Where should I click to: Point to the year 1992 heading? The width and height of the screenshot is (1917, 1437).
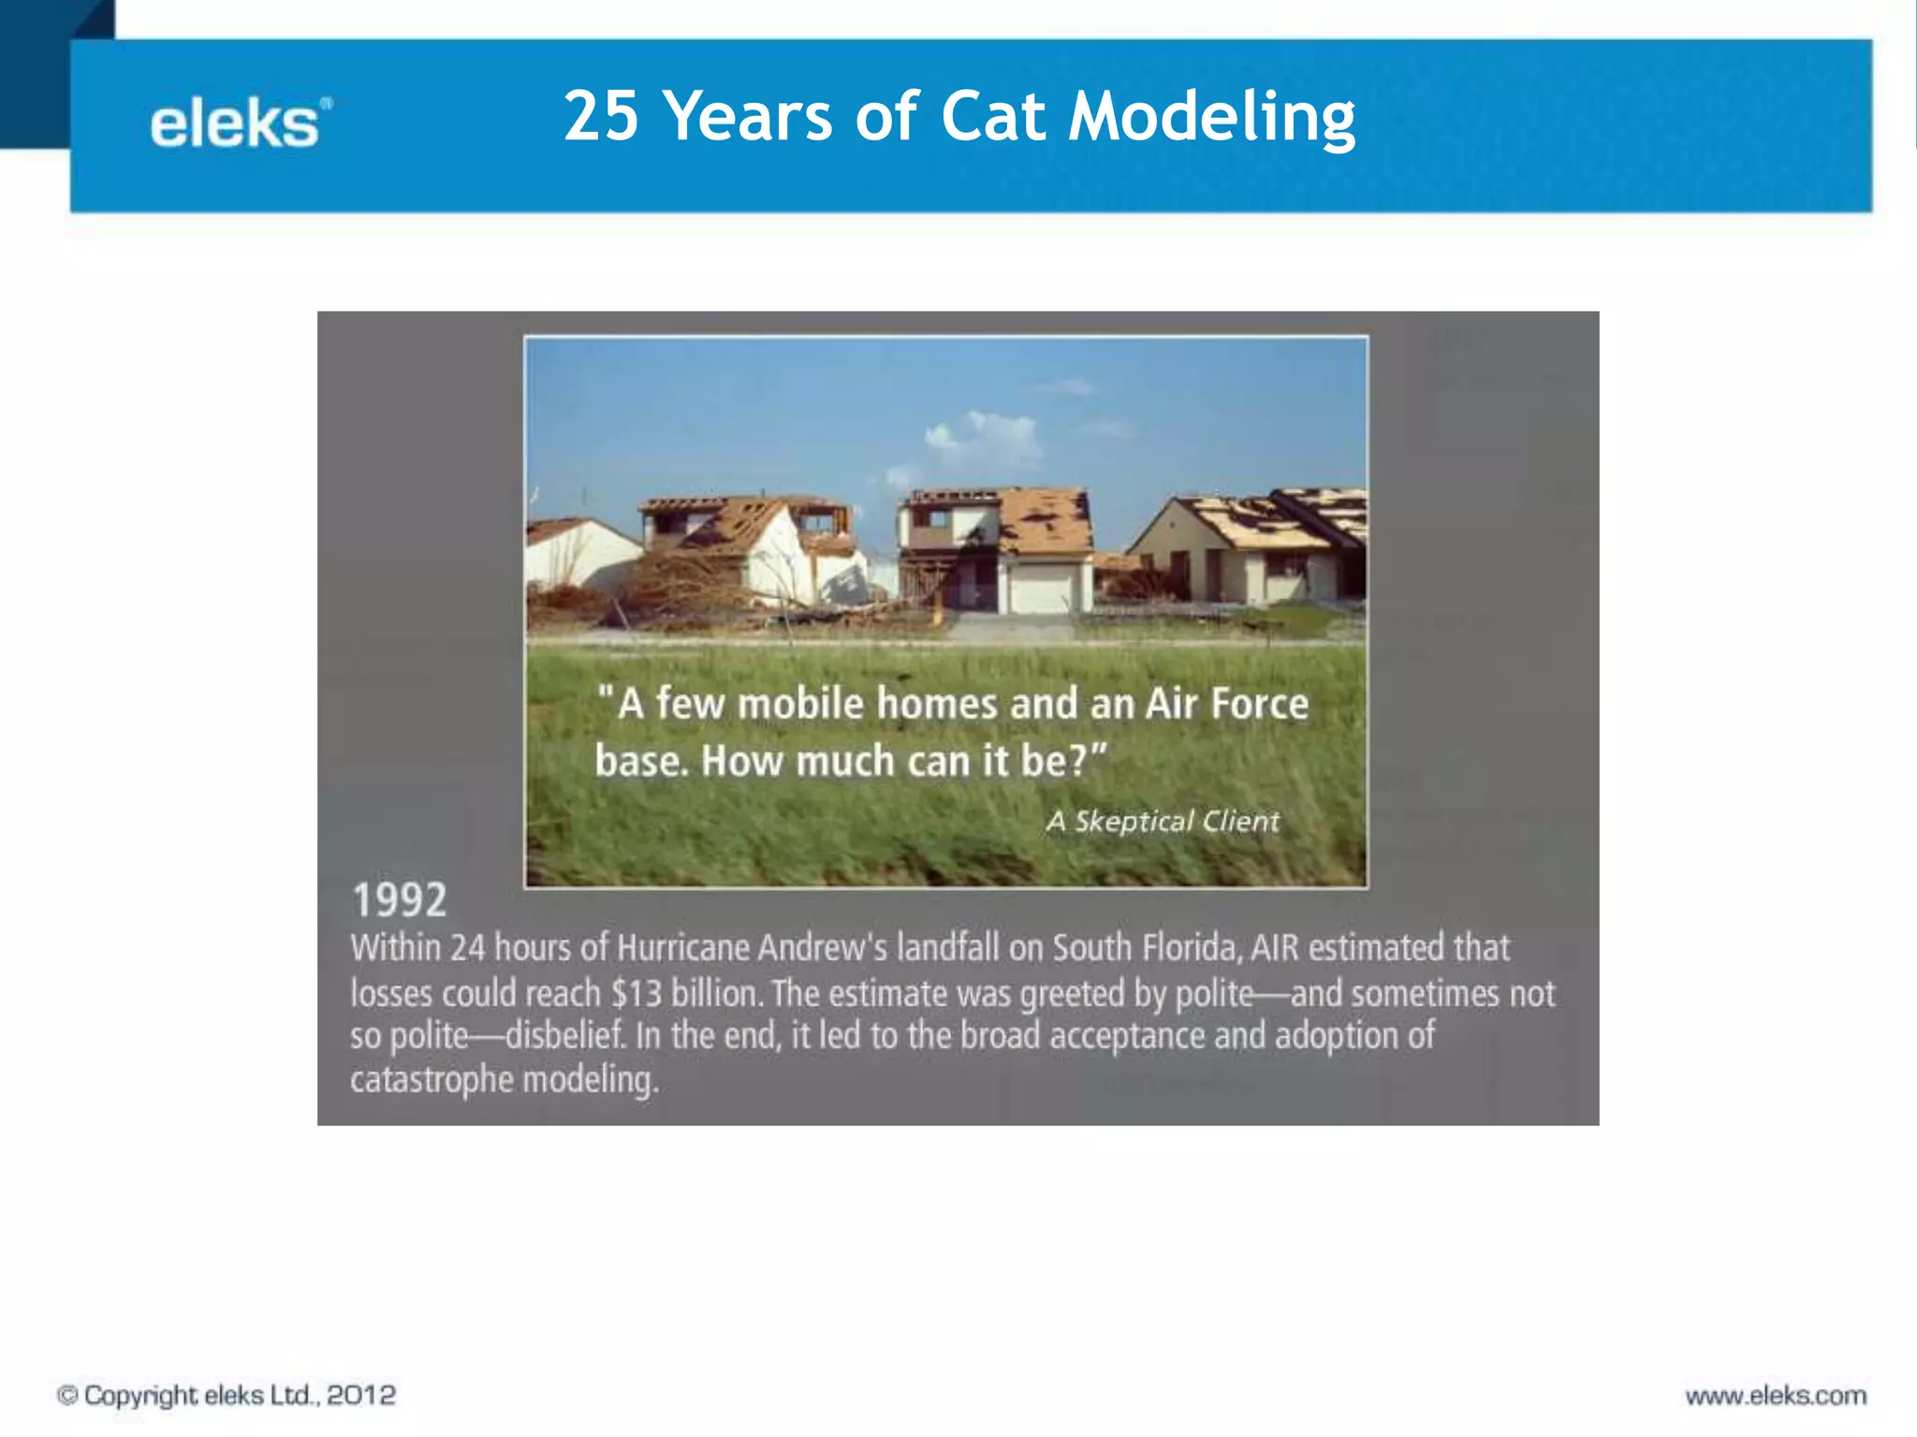click(400, 900)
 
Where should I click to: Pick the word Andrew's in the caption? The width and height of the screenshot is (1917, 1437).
click(822, 948)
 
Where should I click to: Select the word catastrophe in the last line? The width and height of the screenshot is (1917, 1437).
click(432, 1080)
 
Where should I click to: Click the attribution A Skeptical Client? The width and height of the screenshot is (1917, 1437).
click(1162, 821)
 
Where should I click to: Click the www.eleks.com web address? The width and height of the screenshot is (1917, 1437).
click(1776, 1396)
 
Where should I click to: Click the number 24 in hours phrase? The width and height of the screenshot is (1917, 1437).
click(467, 948)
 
